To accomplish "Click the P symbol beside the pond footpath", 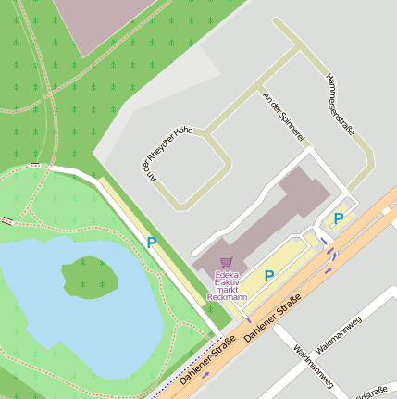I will point(151,243).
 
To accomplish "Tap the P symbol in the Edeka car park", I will point(269,275).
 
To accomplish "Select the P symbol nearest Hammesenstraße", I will point(339,218).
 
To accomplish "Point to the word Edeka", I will point(227,275).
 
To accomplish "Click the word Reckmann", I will point(228,297).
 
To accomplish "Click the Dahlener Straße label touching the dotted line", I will point(208,361).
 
